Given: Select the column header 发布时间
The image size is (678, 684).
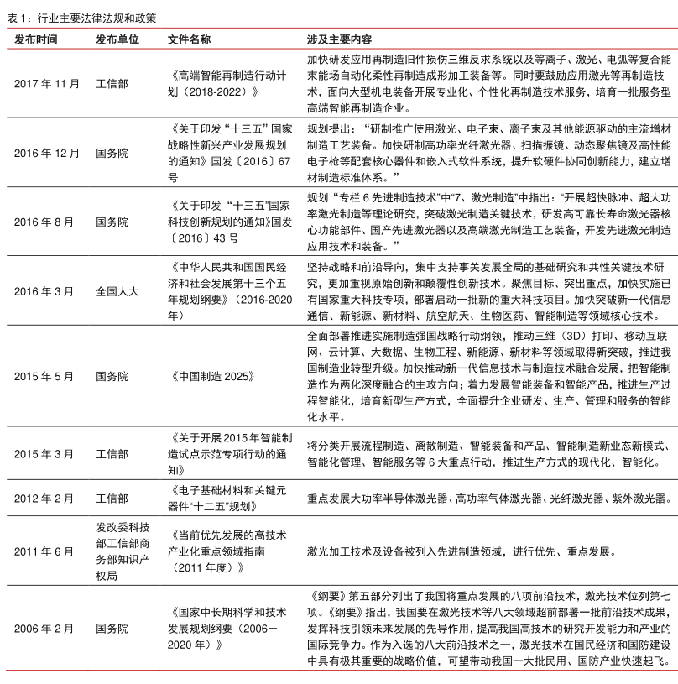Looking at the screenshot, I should point(37,39).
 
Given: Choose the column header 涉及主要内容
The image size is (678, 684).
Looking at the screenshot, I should point(340,39).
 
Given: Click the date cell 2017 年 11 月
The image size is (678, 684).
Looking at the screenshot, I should point(48,84).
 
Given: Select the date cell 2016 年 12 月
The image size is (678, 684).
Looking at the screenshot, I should point(48,154).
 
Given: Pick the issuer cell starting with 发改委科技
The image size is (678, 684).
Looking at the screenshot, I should point(117,551).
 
